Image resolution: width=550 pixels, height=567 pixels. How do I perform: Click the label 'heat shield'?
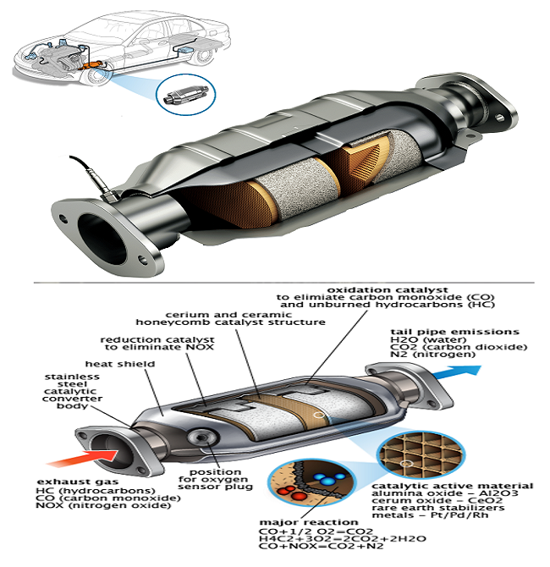131,363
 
